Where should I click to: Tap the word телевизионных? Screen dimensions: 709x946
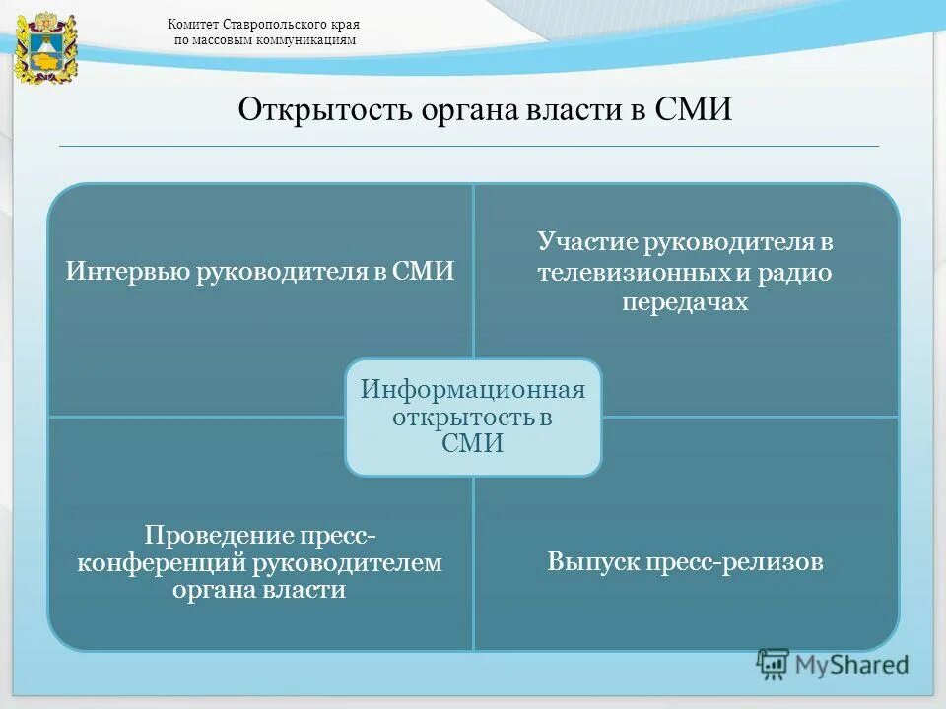tap(620, 273)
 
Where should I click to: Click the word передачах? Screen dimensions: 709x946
tap(685, 302)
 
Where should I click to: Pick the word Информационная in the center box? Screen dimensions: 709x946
tap(472, 389)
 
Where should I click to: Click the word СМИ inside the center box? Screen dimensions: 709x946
tap(472, 444)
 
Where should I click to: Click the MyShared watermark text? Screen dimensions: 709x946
tap(851, 665)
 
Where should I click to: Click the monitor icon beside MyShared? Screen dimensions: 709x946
tap(773, 665)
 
